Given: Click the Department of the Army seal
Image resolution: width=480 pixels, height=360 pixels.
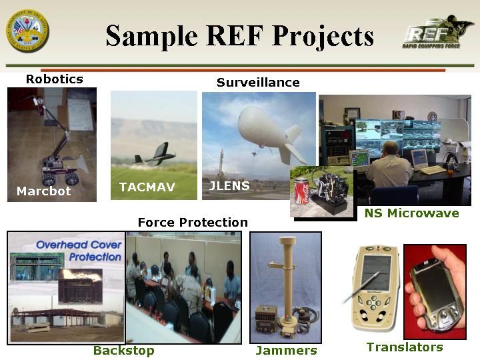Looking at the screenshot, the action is [27, 31].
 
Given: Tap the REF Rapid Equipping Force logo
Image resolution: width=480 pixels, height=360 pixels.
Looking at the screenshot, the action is [434, 33].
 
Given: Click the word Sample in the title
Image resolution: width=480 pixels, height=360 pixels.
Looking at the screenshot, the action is [152, 35].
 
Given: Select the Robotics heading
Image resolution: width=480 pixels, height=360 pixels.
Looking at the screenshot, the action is [55, 79].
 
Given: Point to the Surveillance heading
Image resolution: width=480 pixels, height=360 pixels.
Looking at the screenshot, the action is [258, 83].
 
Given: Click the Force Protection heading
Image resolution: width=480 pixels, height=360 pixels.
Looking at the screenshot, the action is [193, 222].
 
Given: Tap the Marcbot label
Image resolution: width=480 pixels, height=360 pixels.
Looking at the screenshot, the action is [44, 191].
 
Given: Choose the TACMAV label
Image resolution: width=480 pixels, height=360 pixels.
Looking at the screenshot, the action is [147, 187].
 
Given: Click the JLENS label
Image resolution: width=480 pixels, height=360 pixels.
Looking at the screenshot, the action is [229, 186].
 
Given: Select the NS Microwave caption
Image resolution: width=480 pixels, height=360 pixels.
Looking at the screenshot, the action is [412, 213].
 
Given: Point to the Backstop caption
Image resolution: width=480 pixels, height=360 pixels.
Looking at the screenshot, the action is [124, 351].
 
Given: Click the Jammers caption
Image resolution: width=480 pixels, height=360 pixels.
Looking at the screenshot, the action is [286, 351].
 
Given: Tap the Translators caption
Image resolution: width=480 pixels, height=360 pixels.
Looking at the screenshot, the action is [405, 347].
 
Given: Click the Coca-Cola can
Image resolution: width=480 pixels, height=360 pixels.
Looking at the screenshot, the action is [302, 193].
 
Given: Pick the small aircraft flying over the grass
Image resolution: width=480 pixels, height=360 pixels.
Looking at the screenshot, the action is [155, 155].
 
